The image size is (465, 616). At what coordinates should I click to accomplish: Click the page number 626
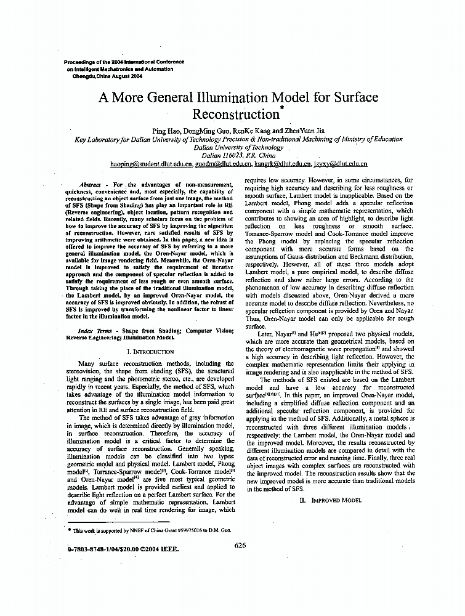click(241, 545)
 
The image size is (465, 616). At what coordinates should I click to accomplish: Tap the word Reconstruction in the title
click(237, 115)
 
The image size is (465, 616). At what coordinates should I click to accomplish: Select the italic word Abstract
click(91, 185)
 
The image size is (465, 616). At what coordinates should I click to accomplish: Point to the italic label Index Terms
click(86, 331)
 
